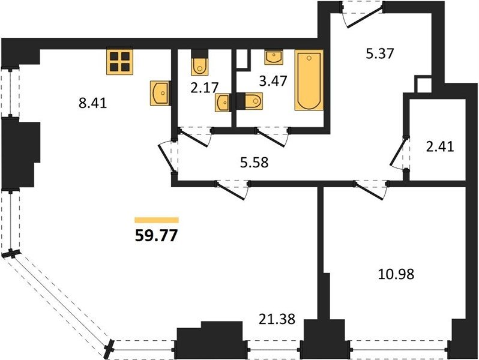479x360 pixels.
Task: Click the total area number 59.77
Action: tap(156, 235)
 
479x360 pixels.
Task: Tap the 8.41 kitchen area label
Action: tap(92, 103)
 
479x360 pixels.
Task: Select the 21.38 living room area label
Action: tap(277, 319)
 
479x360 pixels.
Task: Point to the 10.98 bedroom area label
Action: tap(396, 274)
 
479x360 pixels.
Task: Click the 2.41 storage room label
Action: tap(440, 147)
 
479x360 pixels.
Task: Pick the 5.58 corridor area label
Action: tap(254, 163)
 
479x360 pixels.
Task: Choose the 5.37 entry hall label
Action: tap(380, 54)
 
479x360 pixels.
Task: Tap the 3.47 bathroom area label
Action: tap(273, 81)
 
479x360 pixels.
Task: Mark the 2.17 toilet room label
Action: tap(204, 88)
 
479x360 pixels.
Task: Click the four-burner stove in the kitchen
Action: tap(120, 62)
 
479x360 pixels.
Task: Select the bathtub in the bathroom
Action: tap(309, 80)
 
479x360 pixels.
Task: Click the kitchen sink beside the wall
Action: tap(160, 93)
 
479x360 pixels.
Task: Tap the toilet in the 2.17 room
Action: tap(200, 62)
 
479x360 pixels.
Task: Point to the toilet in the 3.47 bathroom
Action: tap(249, 101)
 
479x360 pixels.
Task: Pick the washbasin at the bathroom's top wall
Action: tap(273, 58)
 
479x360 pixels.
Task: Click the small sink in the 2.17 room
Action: tap(222, 103)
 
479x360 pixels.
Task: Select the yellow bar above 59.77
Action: tap(157, 220)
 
